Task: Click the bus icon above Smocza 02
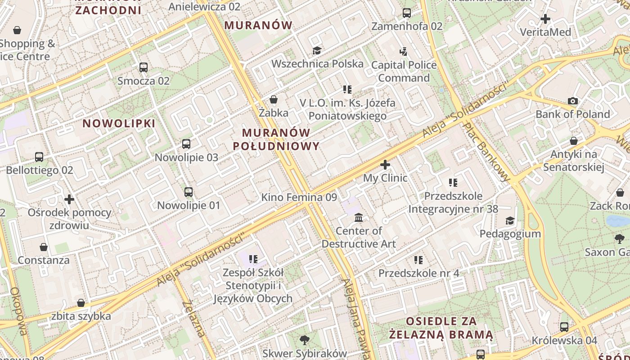pyautogui.click(x=144, y=67)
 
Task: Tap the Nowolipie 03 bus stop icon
pyautogui.click(x=186, y=144)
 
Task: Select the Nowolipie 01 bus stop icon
pyautogui.click(x=189, y=192)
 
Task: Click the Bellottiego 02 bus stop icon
pyautogui.click(x=39, y=157)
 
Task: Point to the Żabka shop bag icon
pyautogui.click(x=274, y=99)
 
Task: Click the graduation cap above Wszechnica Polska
pyautogui.click(x=317, y=50)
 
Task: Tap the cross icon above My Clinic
pyautogui.click(x=385, y=165)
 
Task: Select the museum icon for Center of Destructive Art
pyautogui.click(x=359, y=218)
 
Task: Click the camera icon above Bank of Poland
pyautogui.click(x=573, y=101)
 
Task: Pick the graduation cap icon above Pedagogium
pyautogui.click(x=510, y=220)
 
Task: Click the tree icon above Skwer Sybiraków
pyautogui.click(x=305, y=340)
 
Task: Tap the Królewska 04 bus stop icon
pyautogui.click(x=564, y=327)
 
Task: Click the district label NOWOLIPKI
pyautogui.click(x=119, y=123)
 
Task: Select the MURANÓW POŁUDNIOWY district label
pyautogui.click(x=276, y=139)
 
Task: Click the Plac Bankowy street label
pyautogui.click(x=487, y=152)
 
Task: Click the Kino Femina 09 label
pyautogui.click(x=299, y=197)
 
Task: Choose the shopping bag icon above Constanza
pyautogui.click(x=44, y=247)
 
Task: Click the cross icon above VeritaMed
pyautogui.click(x=545, y=19)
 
